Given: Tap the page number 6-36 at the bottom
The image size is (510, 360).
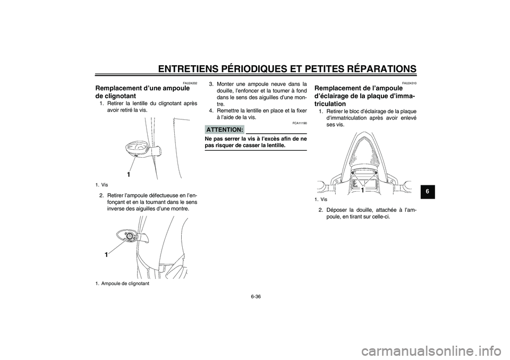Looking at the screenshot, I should tap(256, 296).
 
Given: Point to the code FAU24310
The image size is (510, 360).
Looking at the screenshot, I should tap(409, 83).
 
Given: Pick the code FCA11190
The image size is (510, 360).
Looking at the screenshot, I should tap(300, 123).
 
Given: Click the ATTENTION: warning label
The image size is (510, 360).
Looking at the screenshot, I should tap(224, 130).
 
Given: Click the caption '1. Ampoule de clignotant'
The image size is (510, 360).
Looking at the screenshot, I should tap(122, 283).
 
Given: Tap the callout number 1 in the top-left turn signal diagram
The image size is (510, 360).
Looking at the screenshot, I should tap(128, 174).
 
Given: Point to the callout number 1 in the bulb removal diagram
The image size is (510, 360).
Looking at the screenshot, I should tap(106, 255).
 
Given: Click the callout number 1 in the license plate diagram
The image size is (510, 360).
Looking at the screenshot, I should tap(361, 190).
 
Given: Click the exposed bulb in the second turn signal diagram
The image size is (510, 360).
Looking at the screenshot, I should tap(129, 235).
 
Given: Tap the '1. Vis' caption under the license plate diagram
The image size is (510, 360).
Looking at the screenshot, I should tap(320, 200).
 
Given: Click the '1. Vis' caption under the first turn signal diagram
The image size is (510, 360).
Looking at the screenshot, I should tap(101, 185).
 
